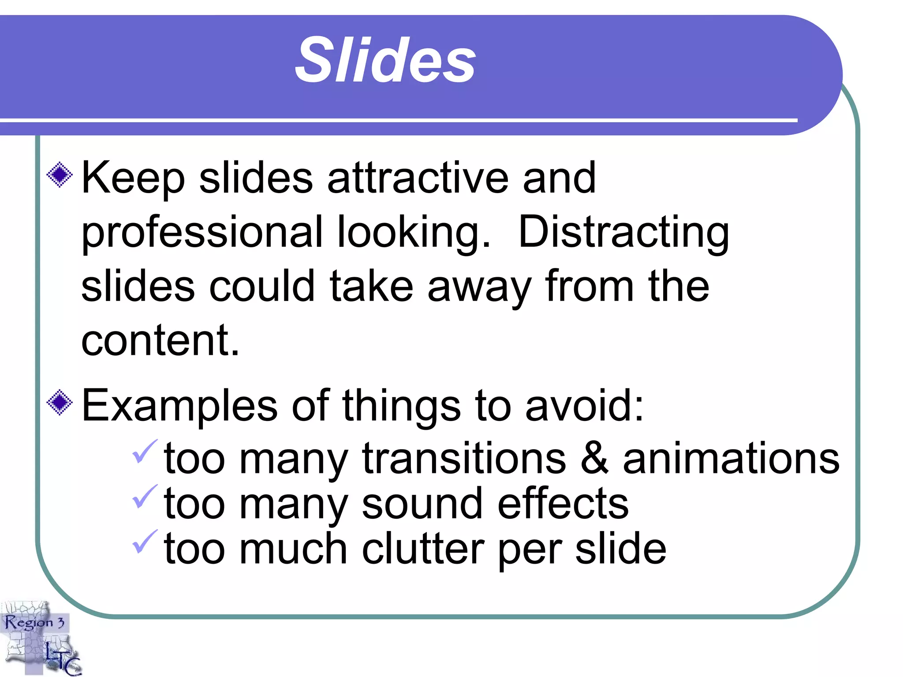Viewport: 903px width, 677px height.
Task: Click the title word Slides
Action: (x=385, y=60)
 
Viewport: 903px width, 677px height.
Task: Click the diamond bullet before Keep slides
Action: (x=60, y=175)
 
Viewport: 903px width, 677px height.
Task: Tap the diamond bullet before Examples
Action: (x=60, y=402)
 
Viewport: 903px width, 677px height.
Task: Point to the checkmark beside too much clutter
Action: (x=145, y=541)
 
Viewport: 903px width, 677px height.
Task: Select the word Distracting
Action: (x=623, y=233)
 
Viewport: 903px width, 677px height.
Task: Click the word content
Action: (x=160, y=340)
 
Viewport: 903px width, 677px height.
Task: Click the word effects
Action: (x=563, y=504)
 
